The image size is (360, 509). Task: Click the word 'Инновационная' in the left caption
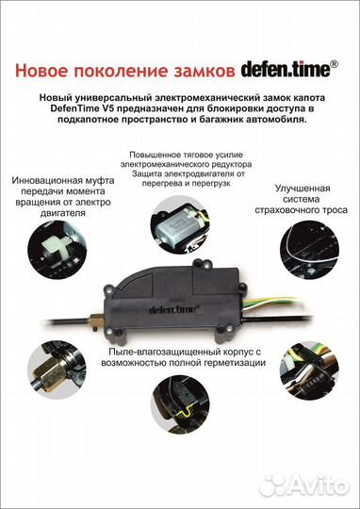[x=57, y=177]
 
